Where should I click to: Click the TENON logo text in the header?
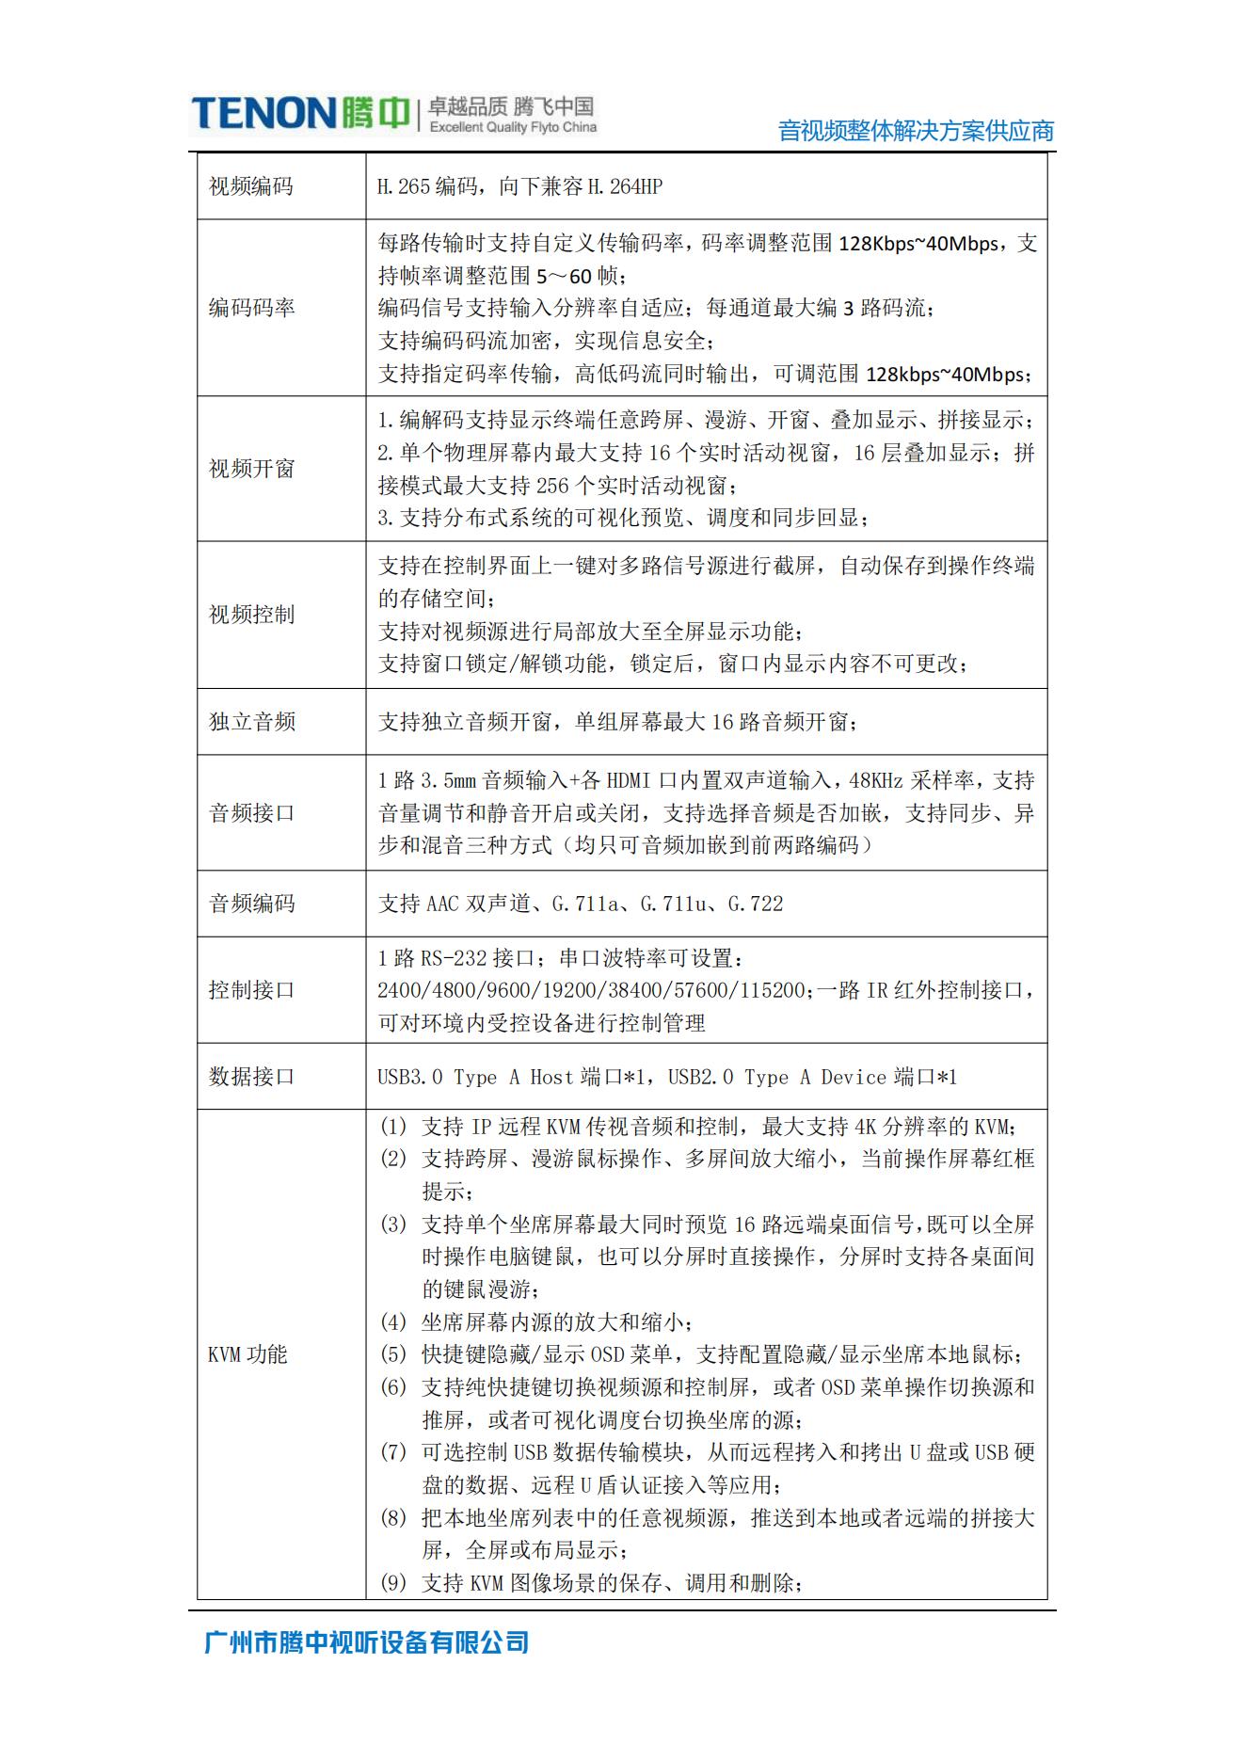pyautogui.click(x=263, y=113)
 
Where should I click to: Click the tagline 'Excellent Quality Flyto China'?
pyautogui.click(x=513, y=127)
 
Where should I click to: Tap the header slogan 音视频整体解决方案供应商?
pyautogui.click(x=916, y=131)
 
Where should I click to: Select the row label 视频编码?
pyautogui.click(x=251, y=186)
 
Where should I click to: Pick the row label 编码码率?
pyautogui.click(x=251, y=308)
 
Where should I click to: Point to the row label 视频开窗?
pyautogui.click(x=251, y=469)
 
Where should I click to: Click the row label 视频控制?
pyautogui.click(x=251, y=615)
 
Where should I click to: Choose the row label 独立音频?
pyautogui.click(x=251, y=722)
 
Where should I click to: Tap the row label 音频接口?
pyautogui.click(x=251, y=813)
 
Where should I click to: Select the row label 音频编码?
pyautogui.click(x=251, y=904)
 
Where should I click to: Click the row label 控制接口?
pyautogui.click(x=251, y=990)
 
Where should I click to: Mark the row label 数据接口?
pyautogui.click(x=251, y=1077)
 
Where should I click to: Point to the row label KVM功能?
pyautogui.click(x=247, y=1354)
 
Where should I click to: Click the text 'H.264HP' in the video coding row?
pyautogui.click(x=625, y=186)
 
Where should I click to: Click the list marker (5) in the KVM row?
pyautogui.click(x=393, y=1354)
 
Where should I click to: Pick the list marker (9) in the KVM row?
pyautogui.click(x=393, y=1583)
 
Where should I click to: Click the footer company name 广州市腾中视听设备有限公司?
pyautogui.click(x=367, y=1642)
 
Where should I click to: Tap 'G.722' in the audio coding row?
pyautogui.click(x=756, y=904)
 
